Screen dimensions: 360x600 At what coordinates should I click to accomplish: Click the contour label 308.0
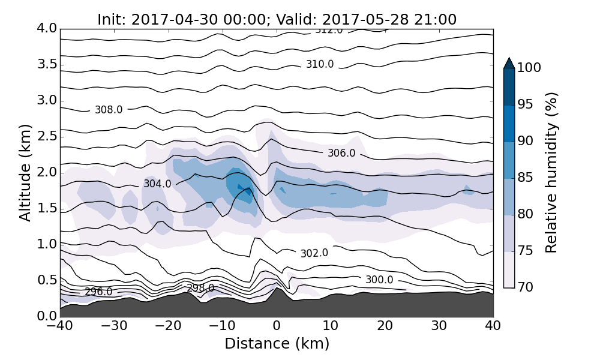click(109, 110)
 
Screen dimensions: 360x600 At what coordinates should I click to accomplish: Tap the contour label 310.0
click(320, 64)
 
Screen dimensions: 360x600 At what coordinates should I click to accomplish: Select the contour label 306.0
click(341, 154)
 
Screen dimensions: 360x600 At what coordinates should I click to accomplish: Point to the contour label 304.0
click(157, 184)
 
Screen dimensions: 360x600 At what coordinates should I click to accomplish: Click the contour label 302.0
click(314, 253)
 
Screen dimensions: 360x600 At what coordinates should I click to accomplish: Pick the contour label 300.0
click(379, 280)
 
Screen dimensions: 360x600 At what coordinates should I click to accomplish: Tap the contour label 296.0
click(98, 292)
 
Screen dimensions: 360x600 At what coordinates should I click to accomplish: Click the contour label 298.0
click(200, 288)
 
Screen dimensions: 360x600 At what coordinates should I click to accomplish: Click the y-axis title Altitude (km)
click(25, 173)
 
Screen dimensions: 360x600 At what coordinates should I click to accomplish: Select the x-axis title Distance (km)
click(277, 344)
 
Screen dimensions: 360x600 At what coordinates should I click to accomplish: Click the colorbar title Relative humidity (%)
click(551, 173)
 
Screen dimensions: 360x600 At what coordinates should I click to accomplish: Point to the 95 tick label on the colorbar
click(526, 105)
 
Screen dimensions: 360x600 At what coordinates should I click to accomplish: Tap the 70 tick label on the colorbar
click(526, 287)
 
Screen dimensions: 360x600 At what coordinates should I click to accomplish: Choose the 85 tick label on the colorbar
click(526, 178)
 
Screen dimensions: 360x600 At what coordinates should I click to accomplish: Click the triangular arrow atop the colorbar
click(509, 63)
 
